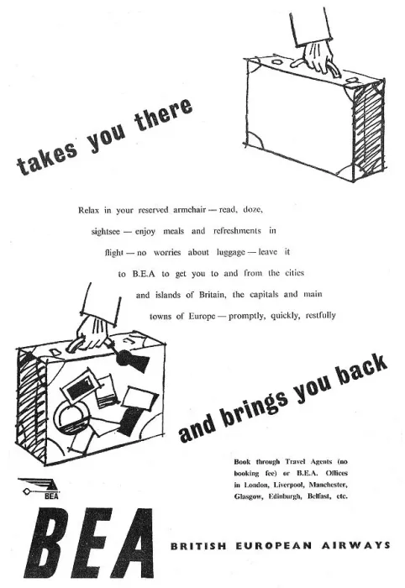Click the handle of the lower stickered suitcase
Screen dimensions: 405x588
76,344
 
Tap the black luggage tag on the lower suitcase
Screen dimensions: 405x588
132,360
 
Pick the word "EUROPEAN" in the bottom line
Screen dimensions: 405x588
274,545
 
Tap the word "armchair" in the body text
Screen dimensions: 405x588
189,210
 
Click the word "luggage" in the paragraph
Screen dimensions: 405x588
230,253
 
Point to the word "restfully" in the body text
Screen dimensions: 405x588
321,316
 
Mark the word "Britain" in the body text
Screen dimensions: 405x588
213,295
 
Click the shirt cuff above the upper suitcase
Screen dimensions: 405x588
311,26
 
